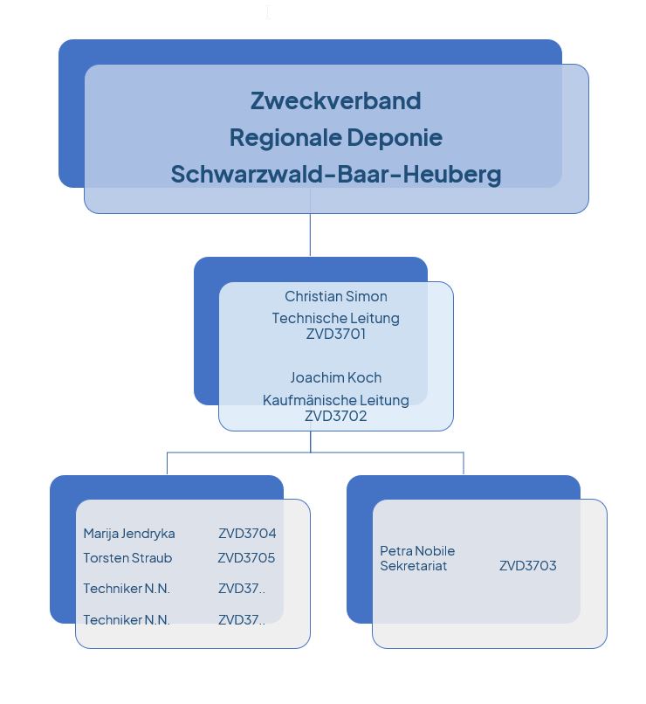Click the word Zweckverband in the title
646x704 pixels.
pos(335,100)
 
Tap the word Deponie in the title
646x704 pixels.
pos(395,137)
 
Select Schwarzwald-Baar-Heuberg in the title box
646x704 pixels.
pos(336,174)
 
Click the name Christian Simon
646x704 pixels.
pos(336,296)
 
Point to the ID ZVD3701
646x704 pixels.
pos(336,334)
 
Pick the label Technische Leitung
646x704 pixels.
pos(336,318)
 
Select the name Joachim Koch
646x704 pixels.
pos(336,377)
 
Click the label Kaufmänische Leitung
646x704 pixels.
pos(336,400)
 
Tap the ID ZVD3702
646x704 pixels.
pos(336,416)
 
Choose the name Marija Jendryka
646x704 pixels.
pos(129,534)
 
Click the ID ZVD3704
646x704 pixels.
pos(247,534)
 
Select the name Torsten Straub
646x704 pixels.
pos(127,558)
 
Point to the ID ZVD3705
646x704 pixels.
pos(246,558)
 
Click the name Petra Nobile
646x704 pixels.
pos(417,551)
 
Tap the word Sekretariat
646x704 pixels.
pos(413,566)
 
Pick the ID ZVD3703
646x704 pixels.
pos(528,566)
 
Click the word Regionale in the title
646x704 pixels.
pos(285,137)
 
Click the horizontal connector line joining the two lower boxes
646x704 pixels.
pos(315,452)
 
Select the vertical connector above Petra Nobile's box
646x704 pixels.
pos(464,463)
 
